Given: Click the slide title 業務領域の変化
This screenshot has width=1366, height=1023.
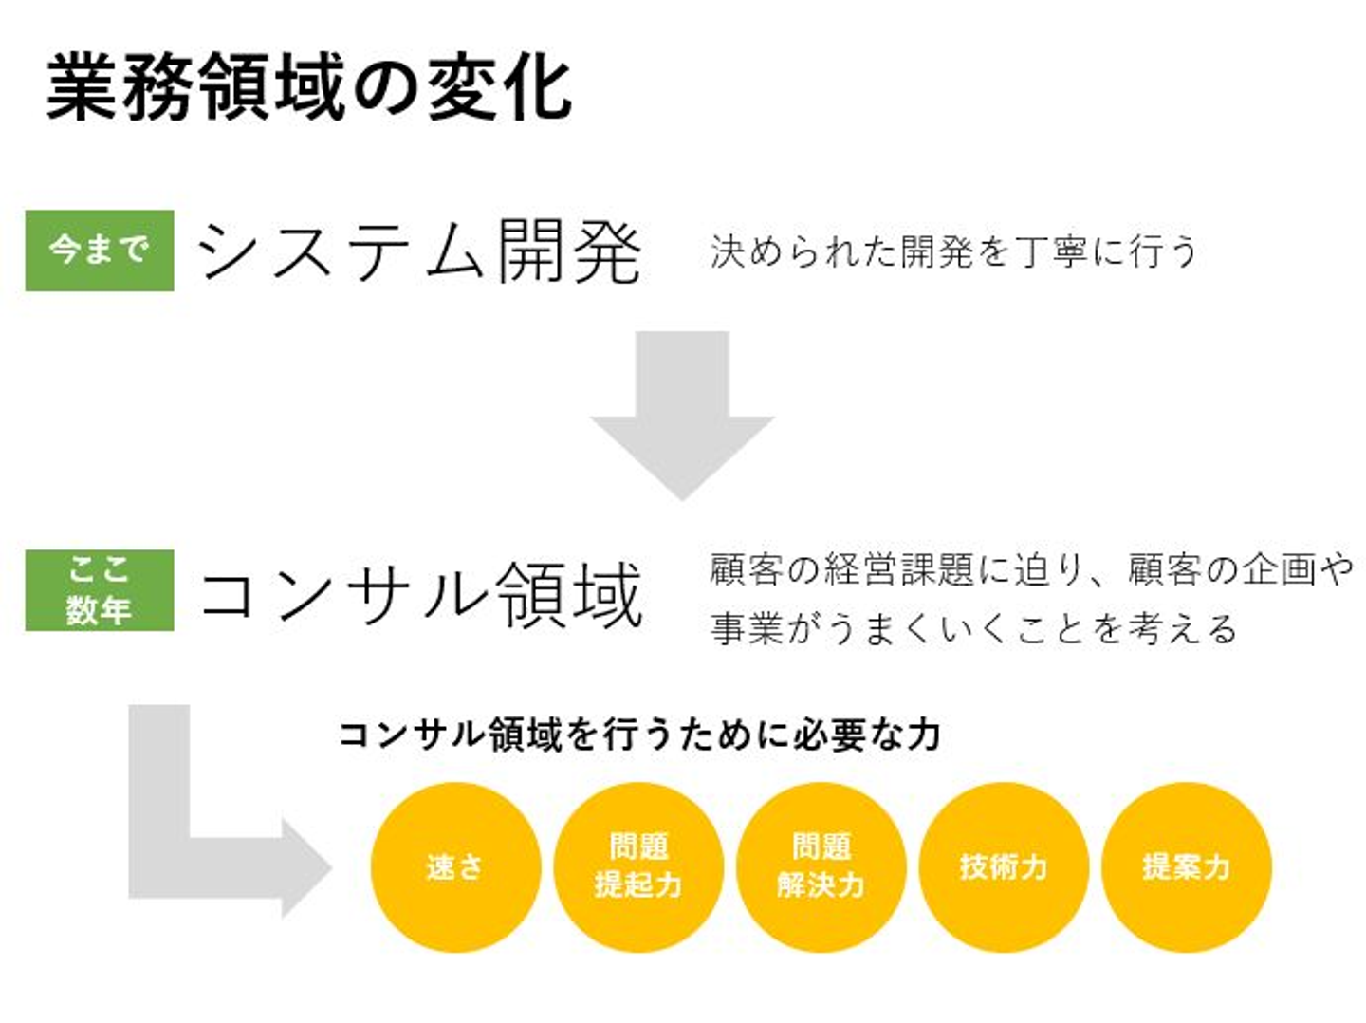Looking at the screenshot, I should click(309, 88).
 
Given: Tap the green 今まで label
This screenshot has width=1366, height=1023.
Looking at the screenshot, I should click(100, 251).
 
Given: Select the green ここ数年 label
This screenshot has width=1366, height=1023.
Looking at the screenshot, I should click(100, 590).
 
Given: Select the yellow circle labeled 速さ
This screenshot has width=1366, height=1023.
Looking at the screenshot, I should click(455, 866).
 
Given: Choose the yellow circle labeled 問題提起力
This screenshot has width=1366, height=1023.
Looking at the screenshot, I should click(638, 866).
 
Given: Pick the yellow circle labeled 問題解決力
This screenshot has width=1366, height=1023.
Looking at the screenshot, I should click(821, 866).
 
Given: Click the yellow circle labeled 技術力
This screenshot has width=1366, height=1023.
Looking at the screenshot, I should click(1004, 866).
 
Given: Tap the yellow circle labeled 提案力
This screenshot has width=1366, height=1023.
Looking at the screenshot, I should click(1187, 866).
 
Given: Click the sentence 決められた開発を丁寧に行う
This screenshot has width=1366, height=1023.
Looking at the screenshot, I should click(953, 252).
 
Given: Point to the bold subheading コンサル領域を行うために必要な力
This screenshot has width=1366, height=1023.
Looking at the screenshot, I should click(639, 735).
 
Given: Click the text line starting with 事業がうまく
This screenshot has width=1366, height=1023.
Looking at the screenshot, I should click(973, 628).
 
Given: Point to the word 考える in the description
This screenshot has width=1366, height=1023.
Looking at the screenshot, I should click(1185, 628).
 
